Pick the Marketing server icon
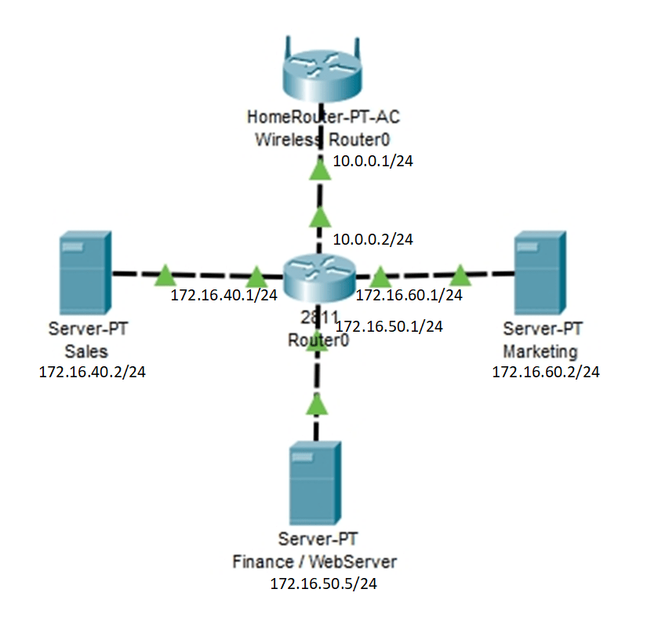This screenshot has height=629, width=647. click(x=540, y=273)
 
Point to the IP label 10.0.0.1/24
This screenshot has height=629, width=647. click(x=373, y=162)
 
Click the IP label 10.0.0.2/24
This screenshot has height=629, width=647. click(x=373, y=239)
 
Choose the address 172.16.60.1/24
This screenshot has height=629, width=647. click(x=409, y=296)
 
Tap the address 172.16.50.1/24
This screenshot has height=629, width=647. click(x=389, y=326)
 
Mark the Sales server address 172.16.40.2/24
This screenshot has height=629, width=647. click(x=93, y=372)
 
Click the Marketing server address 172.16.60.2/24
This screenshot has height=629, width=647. click(x=546, y=372)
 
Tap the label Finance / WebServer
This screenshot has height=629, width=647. click(x=315, y=562)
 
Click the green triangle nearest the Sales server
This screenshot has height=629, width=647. click(x=165, y=275)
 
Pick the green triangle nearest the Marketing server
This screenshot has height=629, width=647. click(x=460, y=275)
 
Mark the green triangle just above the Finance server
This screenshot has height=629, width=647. click(x=316, y=404)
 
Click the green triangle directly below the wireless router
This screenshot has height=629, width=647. click(x=318, y=169)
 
